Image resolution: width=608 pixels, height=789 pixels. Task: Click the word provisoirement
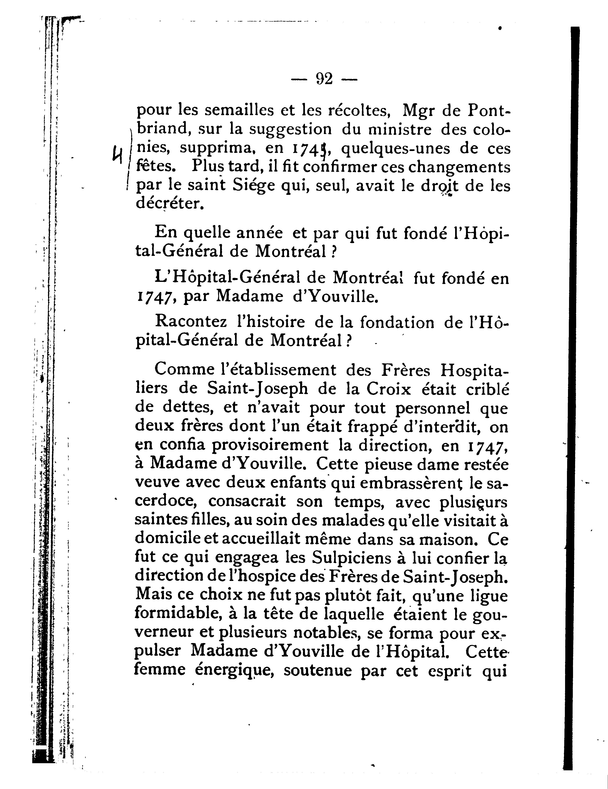(270, 445)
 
